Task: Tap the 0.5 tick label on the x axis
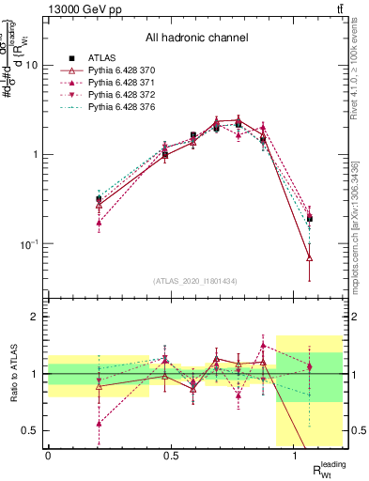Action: pos(171,456)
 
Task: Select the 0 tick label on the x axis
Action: pos(48,456)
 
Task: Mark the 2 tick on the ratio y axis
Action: pos(38,317)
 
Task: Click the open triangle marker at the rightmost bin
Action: pos(310,257)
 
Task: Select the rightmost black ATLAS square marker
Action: pos(310,218)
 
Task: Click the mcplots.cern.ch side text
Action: pos(361,225)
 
